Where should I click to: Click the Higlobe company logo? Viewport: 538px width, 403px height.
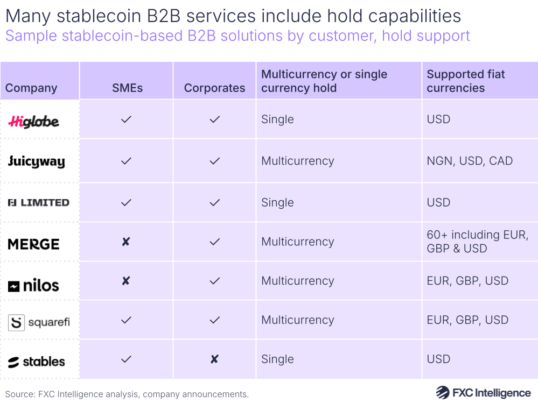pos(34,121)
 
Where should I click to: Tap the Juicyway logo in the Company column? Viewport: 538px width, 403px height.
pos(36,161)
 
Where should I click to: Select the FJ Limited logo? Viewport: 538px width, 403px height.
pos(38,203)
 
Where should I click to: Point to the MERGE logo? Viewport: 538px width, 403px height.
pos(33,244)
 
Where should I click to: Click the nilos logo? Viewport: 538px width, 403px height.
pos(33,286)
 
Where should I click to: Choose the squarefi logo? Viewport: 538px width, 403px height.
pos(39,322)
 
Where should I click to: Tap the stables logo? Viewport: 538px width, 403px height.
pos(36,362)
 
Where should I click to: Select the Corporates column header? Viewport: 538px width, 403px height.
pos(214,88)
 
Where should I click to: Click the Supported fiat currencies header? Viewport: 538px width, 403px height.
pos(466,81)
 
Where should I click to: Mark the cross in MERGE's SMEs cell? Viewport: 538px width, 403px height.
pos(126,242)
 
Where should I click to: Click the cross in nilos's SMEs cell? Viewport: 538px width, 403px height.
pos(126,281)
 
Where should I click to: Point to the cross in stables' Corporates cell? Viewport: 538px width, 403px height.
pos(214,359)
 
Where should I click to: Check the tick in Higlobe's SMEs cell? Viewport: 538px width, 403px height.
pos(126,119)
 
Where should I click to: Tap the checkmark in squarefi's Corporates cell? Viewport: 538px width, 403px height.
pos(214,320)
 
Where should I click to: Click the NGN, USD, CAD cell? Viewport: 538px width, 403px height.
pos(470,161)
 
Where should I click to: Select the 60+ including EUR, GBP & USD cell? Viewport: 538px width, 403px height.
pos(477,242)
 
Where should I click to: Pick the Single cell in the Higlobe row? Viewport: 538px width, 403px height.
pos(277,119)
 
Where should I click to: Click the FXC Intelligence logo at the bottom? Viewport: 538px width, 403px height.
pos(483,393)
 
